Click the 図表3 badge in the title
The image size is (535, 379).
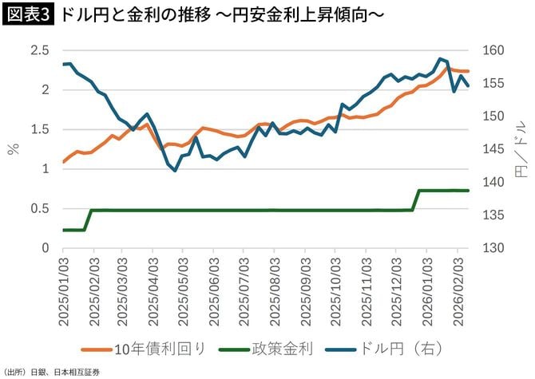coord(28,16)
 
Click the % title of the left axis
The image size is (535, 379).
coord(13,149)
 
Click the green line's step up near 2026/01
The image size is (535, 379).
coord(417,200)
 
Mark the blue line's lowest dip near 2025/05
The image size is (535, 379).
coord(175,170)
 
